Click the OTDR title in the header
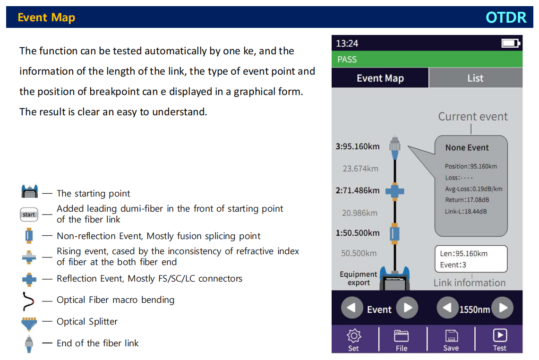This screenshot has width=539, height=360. [x=505, y=17]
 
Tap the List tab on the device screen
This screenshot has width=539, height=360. [x=475, y=78]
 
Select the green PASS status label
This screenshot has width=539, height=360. [x=347, y=60]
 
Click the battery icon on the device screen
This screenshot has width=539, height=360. [x=511, y=43]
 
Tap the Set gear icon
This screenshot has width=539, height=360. [x=354, y=335]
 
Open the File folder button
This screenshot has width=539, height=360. [x=401, y=336]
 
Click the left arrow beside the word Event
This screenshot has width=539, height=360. [x=352, y=308]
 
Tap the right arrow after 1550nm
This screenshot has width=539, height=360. [x=503, y=308]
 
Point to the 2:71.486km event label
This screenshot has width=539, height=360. [x=358, y=190]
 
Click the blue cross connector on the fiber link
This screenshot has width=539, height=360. [x=394, y=191]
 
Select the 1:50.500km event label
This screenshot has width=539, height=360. [x=358, y=233]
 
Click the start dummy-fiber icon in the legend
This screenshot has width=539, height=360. [x=29, y=214]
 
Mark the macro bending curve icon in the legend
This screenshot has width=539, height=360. [x=29, y=301]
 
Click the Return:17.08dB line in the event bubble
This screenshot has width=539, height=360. [x=467, y=200]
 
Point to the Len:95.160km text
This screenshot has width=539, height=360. [x=464, y=254]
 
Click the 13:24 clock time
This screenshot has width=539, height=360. [x=347, y=43]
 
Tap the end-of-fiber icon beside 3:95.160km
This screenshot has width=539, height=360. [x=394, y=147]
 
